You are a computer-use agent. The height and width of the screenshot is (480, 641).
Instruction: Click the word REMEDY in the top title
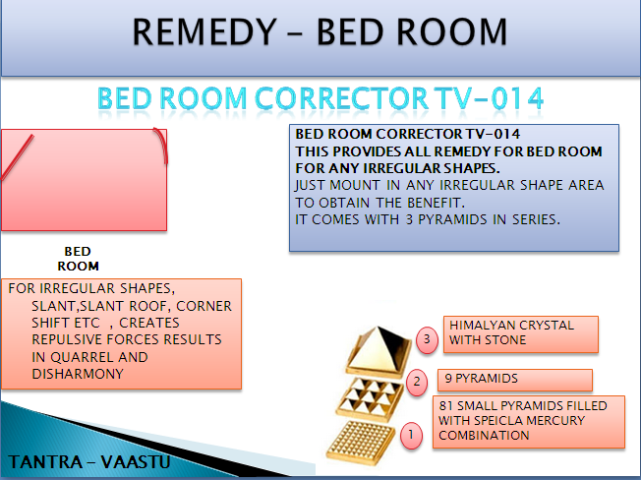[x=204, y=31]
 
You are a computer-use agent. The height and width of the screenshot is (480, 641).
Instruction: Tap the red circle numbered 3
[x=427, y=339]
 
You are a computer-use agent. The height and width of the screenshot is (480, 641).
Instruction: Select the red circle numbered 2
[x=417, y=383]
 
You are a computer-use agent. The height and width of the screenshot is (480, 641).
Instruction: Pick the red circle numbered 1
[x=411, y=435]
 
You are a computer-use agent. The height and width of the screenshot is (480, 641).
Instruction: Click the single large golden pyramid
[x=379, y=350]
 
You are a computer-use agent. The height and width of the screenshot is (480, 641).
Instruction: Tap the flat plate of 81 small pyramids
[x=361, y=444]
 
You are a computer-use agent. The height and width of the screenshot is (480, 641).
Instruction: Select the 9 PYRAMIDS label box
[x=515, y=380]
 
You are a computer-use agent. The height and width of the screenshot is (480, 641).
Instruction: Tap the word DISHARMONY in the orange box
[x=78, y=374]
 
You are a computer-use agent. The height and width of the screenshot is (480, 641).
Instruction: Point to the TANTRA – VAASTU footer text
[x=89, y=462]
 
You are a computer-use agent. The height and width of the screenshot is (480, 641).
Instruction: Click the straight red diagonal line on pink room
[x=17, y=157]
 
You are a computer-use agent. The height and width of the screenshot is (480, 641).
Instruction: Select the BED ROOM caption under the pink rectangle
[x=78, y=259]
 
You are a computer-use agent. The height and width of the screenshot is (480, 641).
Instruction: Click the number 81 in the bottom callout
[x=446, y=405]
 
